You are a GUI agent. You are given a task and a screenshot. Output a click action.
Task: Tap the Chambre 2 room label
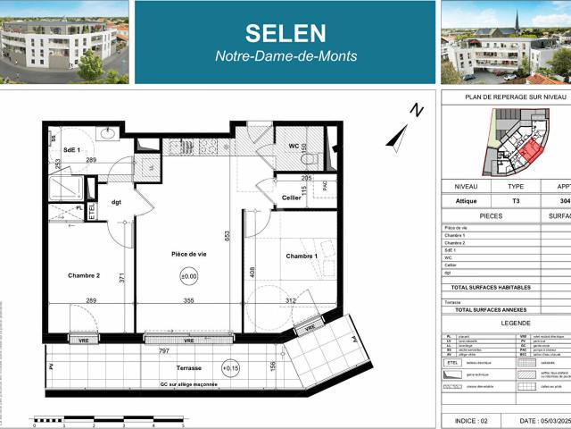(x=84, y=275)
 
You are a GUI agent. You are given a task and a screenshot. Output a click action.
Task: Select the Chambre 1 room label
(x=302, y=257)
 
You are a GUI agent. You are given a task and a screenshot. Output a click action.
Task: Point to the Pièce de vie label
(x=189, y=255)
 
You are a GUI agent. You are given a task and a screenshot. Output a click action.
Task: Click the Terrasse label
(x=188, y=368)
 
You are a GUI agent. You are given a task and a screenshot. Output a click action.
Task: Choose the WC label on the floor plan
(x=294, y=145)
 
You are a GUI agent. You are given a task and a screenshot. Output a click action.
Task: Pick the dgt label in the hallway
(x=115, y=203)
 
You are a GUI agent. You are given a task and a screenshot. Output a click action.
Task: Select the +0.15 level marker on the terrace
(x=231, y=367)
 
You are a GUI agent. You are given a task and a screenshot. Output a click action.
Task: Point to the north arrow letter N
(x=415, y=110)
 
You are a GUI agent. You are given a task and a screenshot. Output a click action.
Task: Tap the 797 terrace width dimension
(x=164, y=351)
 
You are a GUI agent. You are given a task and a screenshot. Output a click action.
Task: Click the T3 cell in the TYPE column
(x=516, y=201)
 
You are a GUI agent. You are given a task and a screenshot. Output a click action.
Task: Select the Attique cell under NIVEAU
(x=467, y=201)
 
